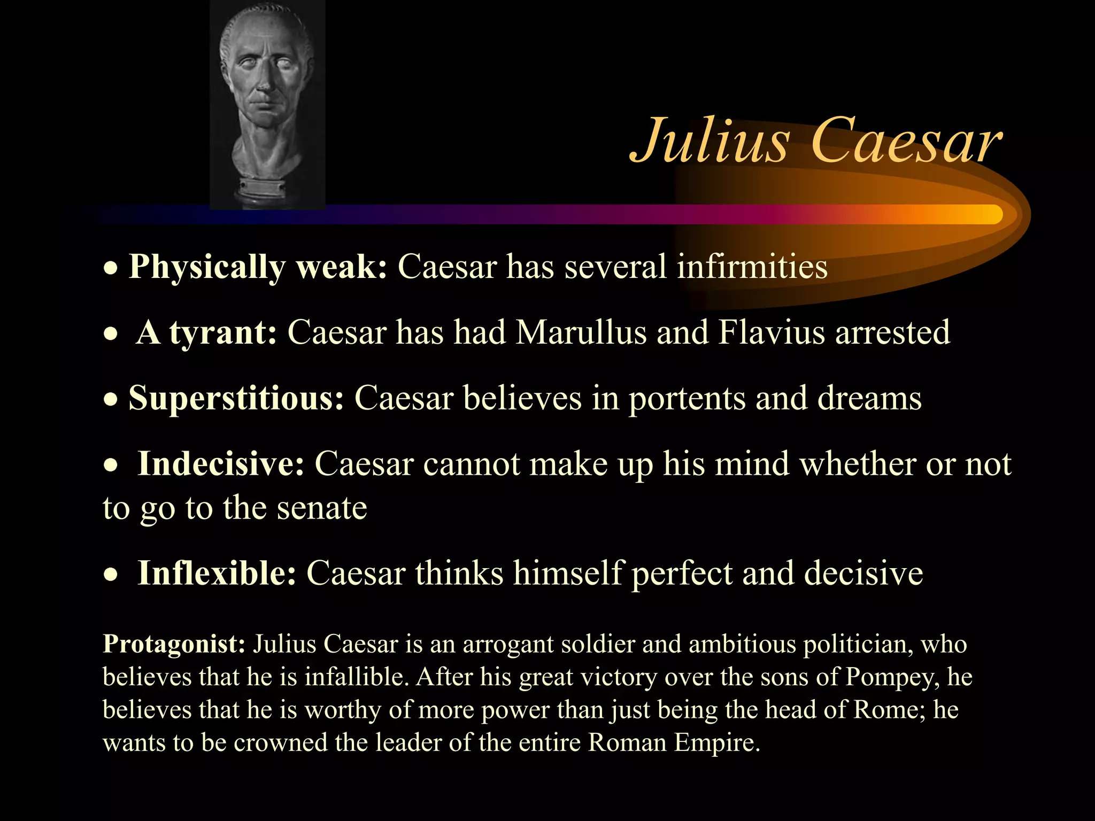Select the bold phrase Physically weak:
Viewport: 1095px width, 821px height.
258,266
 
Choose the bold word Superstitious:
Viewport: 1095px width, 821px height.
236,398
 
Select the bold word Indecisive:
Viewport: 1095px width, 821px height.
221,463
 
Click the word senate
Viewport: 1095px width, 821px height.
322,508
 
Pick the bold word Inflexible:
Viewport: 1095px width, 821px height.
217,573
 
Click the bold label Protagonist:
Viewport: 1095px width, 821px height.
174,644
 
